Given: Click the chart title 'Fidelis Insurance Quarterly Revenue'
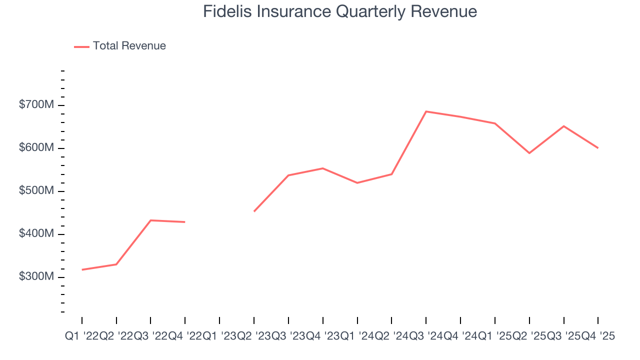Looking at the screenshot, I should pos(340,11).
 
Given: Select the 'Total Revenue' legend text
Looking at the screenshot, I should pos(129,46).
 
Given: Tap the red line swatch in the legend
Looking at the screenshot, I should pos(81,46).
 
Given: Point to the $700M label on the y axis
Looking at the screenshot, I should pos(36,105).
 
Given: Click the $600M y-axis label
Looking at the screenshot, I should pos(36,148).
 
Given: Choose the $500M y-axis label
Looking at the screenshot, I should pos(36,191).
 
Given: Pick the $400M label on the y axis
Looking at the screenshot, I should pos(36,234).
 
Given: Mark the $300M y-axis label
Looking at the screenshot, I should pos(36,277).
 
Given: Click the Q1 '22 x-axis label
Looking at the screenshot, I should pos(81,336).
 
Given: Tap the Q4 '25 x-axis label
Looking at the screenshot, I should pos(598,336).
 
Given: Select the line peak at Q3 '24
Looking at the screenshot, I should pos(425,111).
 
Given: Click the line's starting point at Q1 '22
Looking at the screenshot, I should pos(82,270).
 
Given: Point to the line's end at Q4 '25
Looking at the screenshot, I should pos(598,148).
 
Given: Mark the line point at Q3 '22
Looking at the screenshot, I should pos(150,220).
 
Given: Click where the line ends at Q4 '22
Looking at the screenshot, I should pos(185,222).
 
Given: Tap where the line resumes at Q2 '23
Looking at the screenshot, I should pos(254,211).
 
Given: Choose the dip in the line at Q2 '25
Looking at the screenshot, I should pos(529,153).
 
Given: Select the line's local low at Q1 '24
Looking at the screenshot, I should pos(357,183).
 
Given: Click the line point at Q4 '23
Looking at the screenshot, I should pos(322,168).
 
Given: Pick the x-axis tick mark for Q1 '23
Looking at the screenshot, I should pos(219,320).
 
